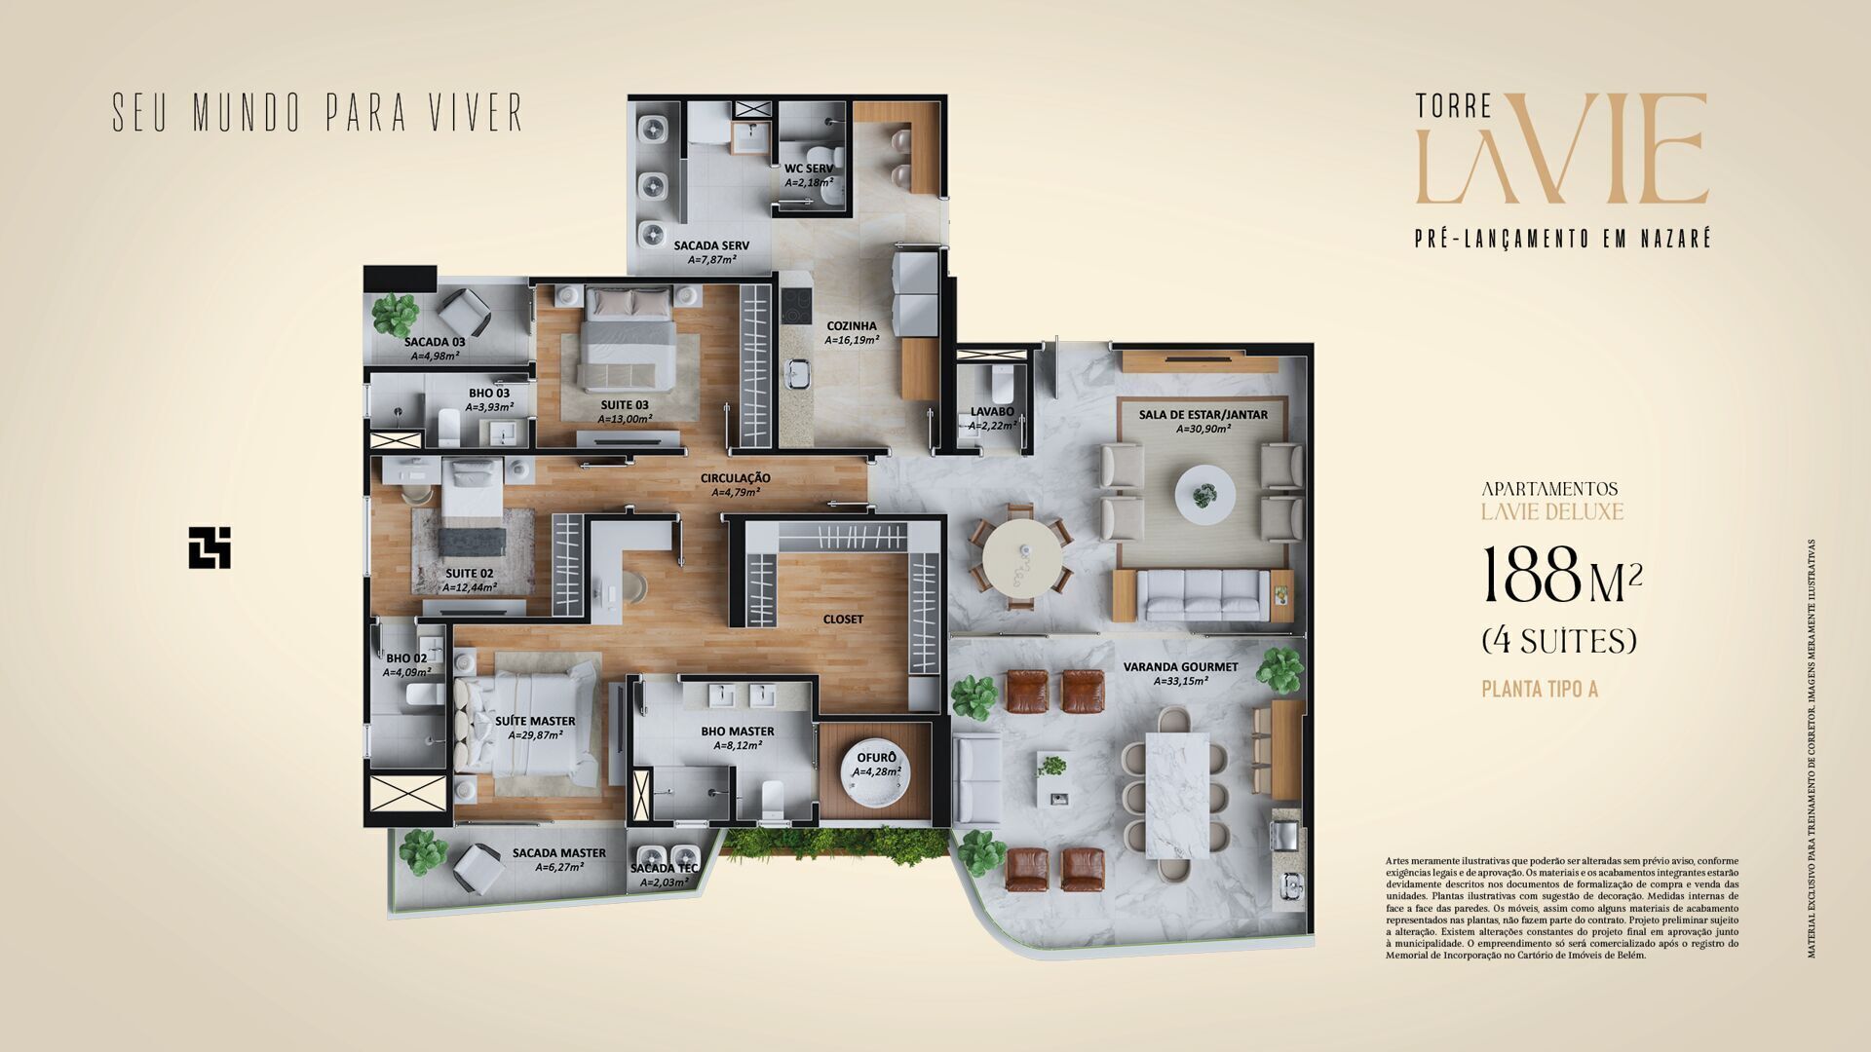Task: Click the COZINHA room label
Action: pos(851,326)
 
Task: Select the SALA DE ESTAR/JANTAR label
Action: pos(1203,415)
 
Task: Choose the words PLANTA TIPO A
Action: pos(1539,690)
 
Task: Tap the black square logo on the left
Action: pos(210,547)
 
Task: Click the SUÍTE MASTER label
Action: pos(535,722)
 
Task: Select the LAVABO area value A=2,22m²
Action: pos(992,426)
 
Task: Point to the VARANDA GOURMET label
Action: pos(1180,667)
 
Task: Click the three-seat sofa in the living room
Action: pos(1203,594)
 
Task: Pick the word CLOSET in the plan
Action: pos(843,620)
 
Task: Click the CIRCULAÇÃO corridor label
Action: pos(735,478)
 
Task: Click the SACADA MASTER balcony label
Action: pos(558,853)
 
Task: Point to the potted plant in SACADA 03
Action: pos(396,314)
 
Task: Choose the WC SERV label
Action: pos(809,169)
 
